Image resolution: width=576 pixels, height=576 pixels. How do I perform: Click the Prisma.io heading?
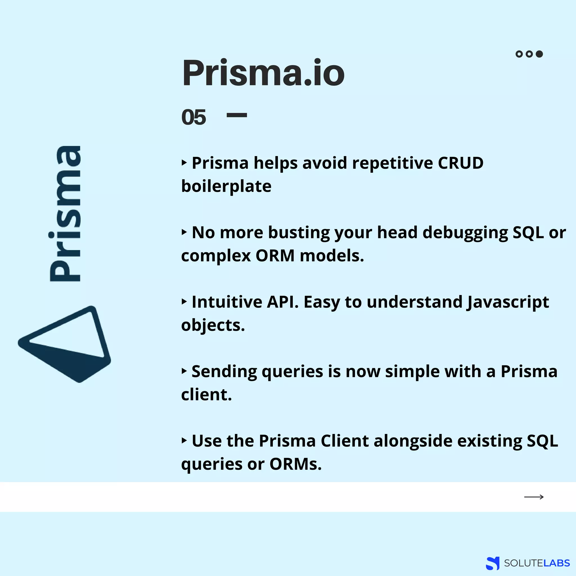[x=263, y=73]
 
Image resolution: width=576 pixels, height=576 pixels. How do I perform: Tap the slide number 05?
[x=193, y=117]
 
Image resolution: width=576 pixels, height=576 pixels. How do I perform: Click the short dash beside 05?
[x=237, y=115]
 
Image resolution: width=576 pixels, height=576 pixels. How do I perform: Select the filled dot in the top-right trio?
[x=539, y=54]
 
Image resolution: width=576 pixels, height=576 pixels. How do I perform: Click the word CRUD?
[x=460, y=163]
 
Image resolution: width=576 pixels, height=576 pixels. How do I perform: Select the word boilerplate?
[x=226, y=186]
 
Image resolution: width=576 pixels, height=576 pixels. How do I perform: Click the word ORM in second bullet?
[x=275, y=256]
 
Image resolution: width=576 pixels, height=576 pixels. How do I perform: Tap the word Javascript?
[x=508, y=302]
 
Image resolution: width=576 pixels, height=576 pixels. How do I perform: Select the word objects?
[x=213, y=325]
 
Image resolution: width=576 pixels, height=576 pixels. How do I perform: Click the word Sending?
[x=224, y=372]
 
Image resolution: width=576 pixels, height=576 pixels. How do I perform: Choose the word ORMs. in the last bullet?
[x=296, y=464]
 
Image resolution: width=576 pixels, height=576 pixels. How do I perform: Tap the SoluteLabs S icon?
[x=492, y=563]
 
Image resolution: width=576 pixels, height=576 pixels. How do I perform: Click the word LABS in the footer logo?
[x=556, y=563]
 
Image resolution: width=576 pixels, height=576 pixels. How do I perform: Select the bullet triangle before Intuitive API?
[x=184, y=302]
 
